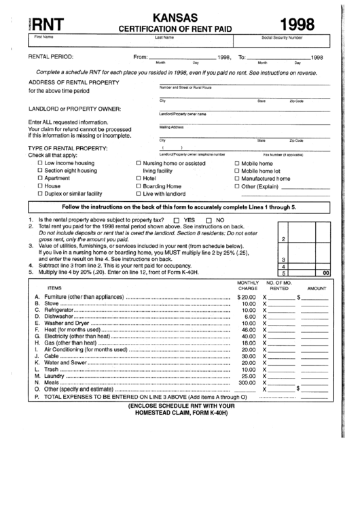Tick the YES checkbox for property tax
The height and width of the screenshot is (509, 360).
click(177, 221)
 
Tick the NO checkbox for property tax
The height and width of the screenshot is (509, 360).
click(210, 221)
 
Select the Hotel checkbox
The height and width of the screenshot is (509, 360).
click(139, 178)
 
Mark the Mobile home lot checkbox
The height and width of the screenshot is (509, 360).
click(236, 171)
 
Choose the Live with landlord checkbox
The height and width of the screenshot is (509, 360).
click(139, 193)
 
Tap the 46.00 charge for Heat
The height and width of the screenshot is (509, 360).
click(248, 330)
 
